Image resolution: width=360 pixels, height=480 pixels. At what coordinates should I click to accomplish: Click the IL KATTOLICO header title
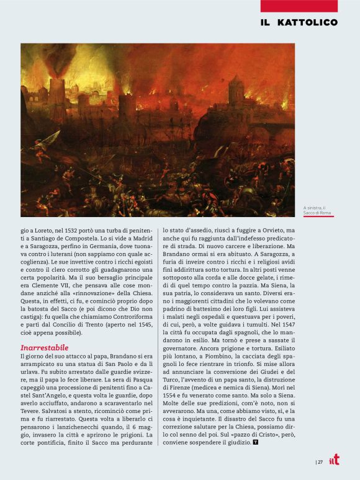[x=299, y=22]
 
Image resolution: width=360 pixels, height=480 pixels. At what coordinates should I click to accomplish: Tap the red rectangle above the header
[x=299, y=6]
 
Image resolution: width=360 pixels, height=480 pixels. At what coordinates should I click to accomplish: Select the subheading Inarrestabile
[x=44, y=347]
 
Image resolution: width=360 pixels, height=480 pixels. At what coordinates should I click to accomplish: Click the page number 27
[x=320, y=461]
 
